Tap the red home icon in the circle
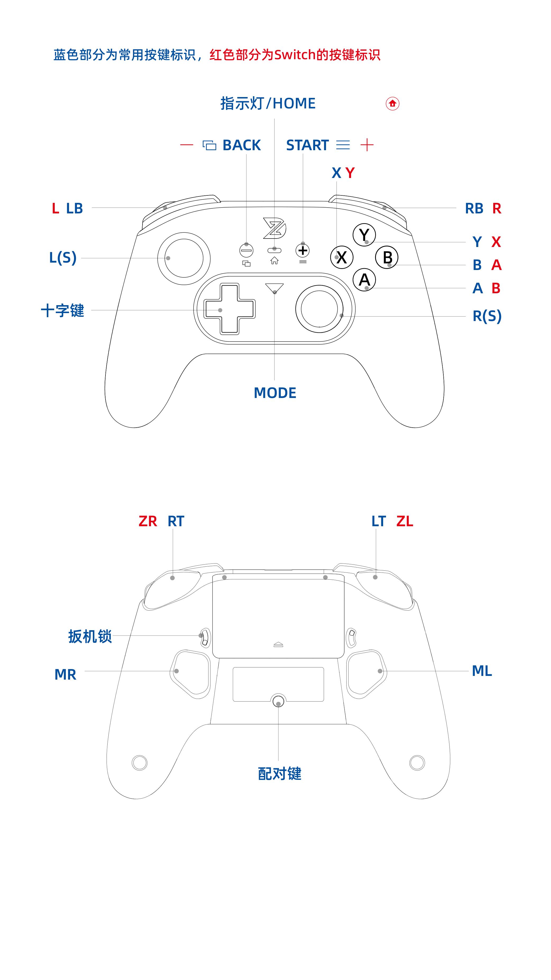(392, 103)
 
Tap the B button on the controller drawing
(387, 258)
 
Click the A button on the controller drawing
(364, 280)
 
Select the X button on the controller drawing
(342, 258)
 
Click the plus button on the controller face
(303, 251)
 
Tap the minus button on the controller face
(246, 251)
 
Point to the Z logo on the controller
(274, 228)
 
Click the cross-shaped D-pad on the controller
(229, 309)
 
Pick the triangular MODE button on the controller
(274, 288)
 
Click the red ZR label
(148, 521)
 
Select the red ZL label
(405, 521)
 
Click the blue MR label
(65, 675)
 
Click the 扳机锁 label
(90, 636)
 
